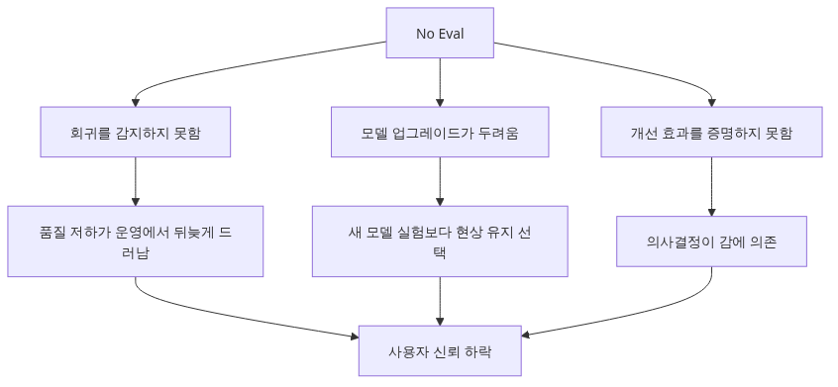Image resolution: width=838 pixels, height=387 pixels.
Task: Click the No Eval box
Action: [x=440, y=33]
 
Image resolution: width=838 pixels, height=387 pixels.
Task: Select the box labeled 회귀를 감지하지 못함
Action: [x=136, y=132]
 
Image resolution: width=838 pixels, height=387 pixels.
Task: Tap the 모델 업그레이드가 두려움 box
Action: [x=440, y=132]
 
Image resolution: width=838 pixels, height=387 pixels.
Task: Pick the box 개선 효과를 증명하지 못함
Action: [x=711, y=132]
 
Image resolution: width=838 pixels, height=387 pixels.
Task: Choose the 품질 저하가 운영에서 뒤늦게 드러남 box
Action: [x=136, y=242]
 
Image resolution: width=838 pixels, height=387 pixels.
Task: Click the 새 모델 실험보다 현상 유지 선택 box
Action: [x=440, y=242]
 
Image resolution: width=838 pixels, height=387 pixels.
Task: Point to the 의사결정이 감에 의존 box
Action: [x=711, y=242]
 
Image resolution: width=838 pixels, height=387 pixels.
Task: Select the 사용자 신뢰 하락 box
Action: [x=440, y=351]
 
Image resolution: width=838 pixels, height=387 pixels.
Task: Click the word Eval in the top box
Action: [x=451, y=33]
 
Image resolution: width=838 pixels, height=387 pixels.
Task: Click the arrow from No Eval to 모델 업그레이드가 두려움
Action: [x=440, y=82]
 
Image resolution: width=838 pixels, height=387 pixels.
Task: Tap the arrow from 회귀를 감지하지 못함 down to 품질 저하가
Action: [x=136, y=181]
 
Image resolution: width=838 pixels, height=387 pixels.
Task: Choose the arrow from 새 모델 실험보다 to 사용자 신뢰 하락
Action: [x=440, y=301]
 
